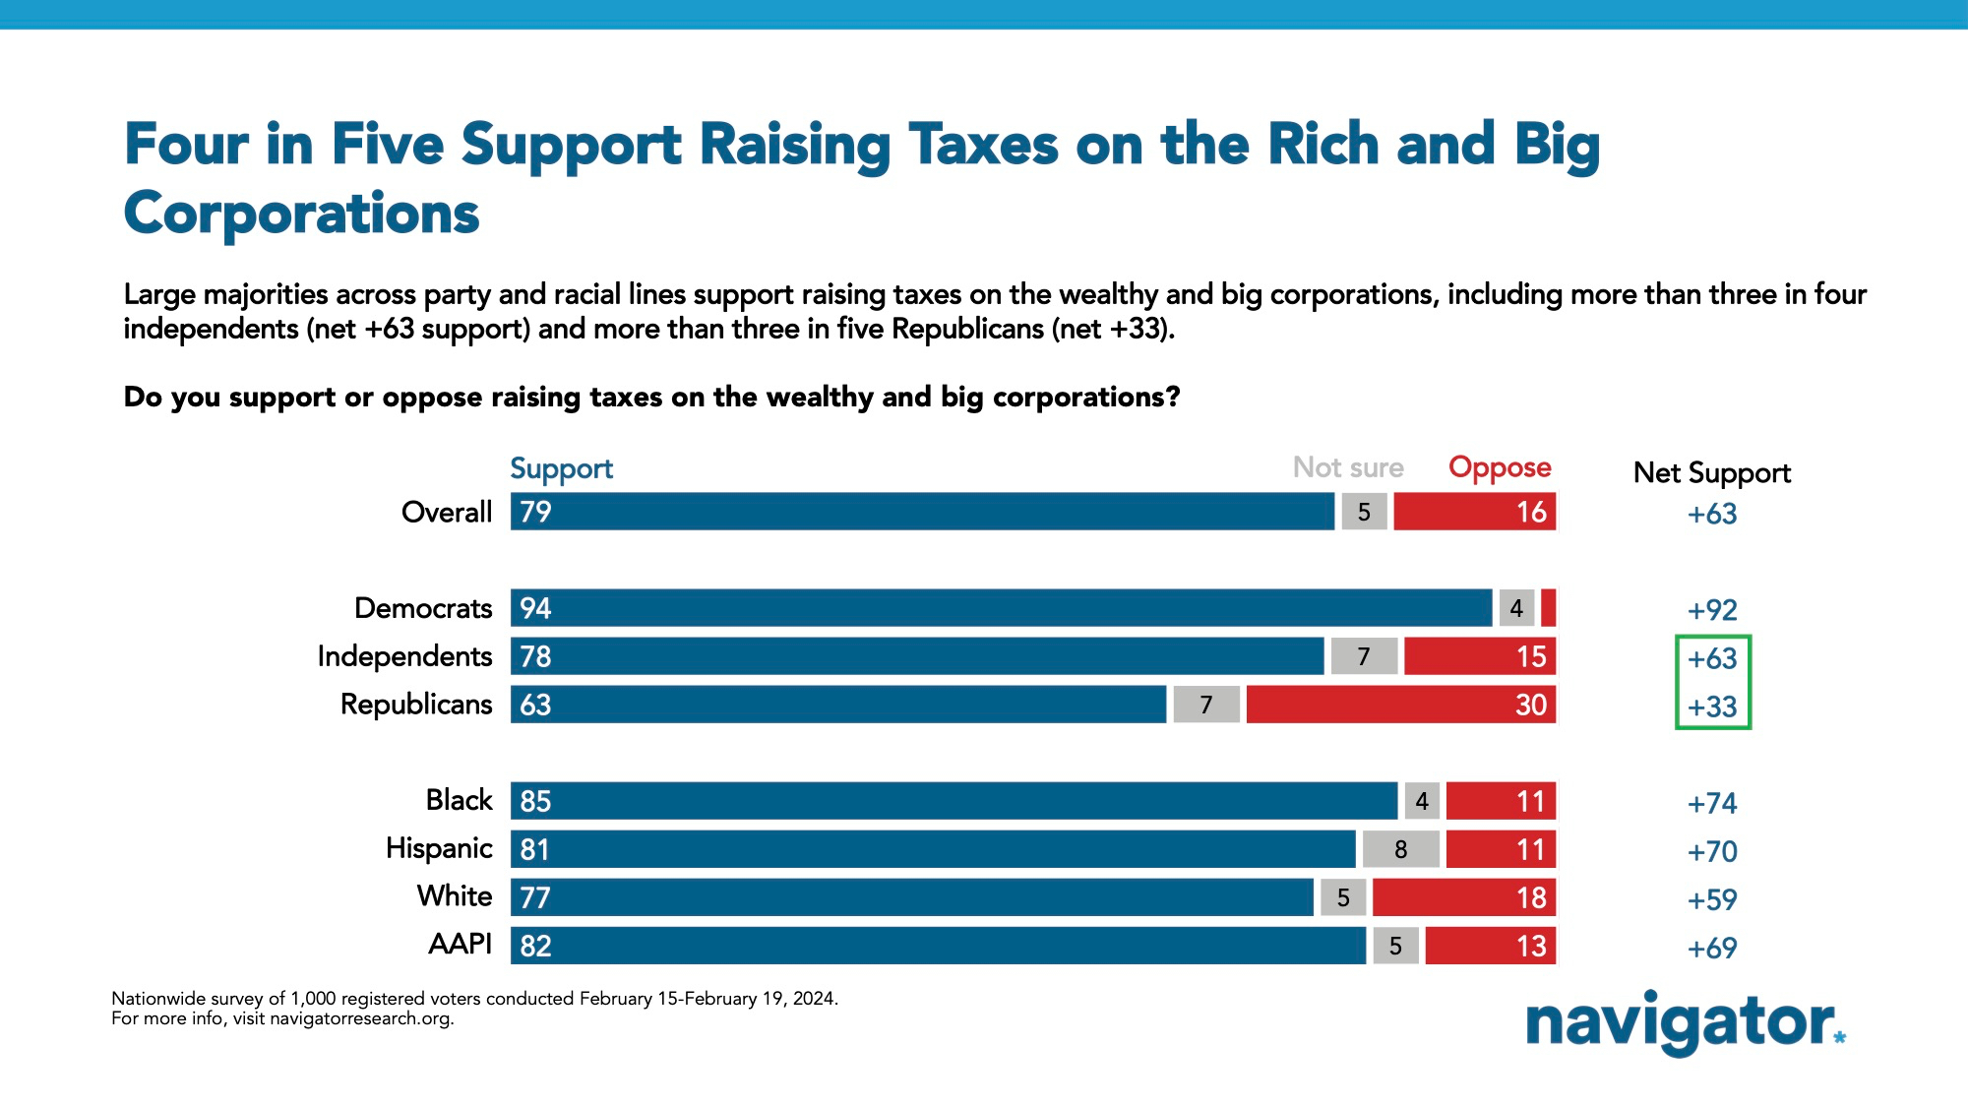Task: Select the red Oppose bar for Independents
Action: click(1479, 656)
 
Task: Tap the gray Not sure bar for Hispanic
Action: click(1400, 849)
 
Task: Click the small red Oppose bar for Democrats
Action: click(1548, 608)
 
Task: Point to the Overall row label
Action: click(446, 512)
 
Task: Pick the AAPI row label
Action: click(460, 945)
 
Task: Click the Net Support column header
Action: click(1711, 473)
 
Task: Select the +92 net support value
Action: click(1712, 610)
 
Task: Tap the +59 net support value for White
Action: click(1712, 899)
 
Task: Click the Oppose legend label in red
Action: click(1499, 467)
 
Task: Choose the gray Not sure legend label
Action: click(1347, 467)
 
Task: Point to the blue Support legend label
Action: click(561, 468)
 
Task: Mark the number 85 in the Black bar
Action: click(535, 801)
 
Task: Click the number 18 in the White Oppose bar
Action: click(1531, 897)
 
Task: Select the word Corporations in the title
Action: click(301, 214)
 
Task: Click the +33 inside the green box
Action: click(1712, 707)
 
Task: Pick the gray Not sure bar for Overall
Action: click(1364, 512)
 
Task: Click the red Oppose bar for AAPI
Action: click(1490, 946)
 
